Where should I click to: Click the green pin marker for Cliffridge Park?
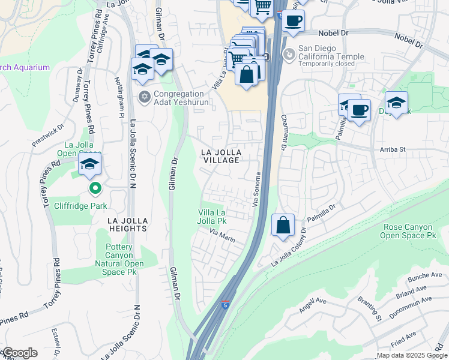click(95, 190)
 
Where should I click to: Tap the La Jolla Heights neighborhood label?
click(127, 224)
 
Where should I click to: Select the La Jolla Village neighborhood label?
click(220, 156)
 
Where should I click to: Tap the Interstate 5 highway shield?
click(225, 305)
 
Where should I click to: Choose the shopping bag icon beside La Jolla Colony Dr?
click(283, 226)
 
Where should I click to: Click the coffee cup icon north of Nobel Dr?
click(293, 21)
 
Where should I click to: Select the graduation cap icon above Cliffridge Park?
click(89, 164)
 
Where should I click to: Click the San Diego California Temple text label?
click(332, 57)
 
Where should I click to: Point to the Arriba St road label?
click(393, 149)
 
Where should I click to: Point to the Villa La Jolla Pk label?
click(212, 217)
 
